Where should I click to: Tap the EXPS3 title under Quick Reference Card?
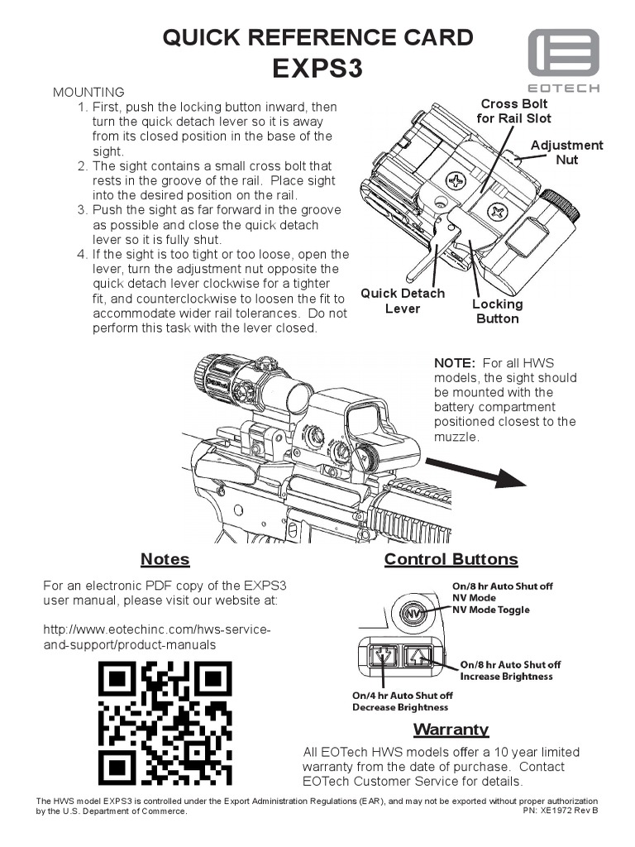[317, 69]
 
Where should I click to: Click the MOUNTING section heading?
[88, 92]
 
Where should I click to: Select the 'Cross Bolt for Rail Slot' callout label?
[513, 111]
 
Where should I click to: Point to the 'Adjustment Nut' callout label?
[566, 152]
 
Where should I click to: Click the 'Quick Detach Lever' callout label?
[403, 301]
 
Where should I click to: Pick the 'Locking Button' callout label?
[497, 311]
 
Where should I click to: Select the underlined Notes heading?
[165, 560]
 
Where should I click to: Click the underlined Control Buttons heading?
[451, 560]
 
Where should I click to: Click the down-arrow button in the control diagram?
[383, 656]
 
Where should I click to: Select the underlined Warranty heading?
[451, 730]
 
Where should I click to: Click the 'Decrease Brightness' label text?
[400, 707]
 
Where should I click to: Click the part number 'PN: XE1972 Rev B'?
[560, 811]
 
